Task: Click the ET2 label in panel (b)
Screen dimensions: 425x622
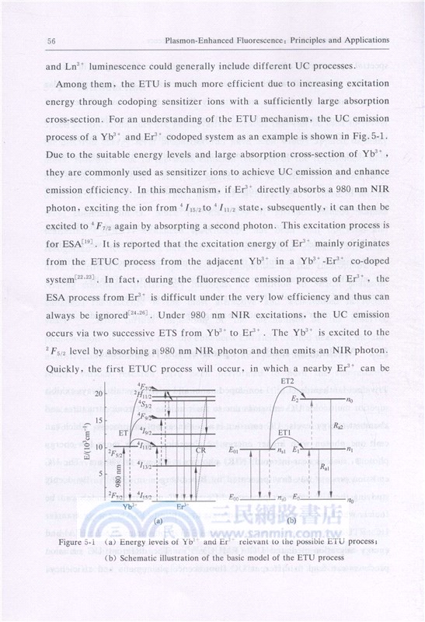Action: coord(284,382)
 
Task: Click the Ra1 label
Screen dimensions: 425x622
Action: coord(340,473)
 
